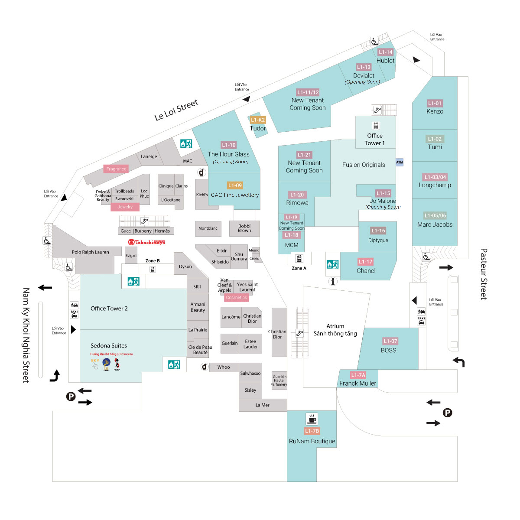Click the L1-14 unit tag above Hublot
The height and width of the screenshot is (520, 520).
click(x=385, y=52)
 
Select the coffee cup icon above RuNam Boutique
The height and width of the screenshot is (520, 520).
click(x=312, y=419)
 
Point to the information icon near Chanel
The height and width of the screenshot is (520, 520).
click(x=333, y=282)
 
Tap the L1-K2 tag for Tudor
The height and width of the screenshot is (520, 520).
click(x=258, y=120)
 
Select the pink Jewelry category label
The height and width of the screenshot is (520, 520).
click(x=125, y=207)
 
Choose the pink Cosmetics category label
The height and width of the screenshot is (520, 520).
click(x=236, y=297)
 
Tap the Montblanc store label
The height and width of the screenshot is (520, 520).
click(x=208, y=228)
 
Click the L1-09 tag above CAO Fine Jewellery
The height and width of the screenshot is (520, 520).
click(x=235, y=185)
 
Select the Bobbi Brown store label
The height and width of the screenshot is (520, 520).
click(x=244, y=228)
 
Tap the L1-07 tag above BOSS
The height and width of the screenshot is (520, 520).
click(x=390, y=341)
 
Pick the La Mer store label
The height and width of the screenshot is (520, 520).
click(x=262, y=405)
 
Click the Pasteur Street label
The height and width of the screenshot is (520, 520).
click(x=484, y=274)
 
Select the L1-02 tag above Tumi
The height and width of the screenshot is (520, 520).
click(x=435, y=139)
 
